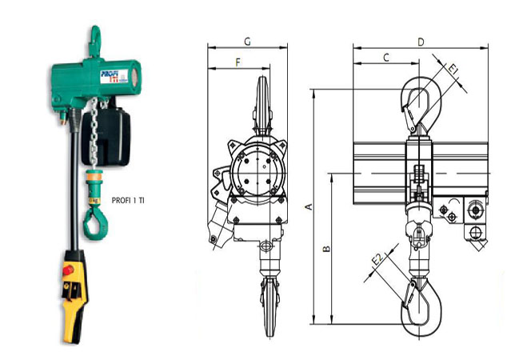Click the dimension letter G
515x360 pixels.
(x=248, y=42)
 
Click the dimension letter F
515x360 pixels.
(x=238, y=62)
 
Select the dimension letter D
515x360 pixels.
(x=421, y=42)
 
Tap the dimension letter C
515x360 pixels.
(x=386, y=58)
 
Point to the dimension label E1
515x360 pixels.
(x=453, y=70)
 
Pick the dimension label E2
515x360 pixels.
(x=377, y=259)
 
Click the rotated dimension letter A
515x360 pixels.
(x=309, y=206)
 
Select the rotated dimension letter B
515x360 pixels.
(x=327, y=249)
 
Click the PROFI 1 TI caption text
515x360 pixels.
(x=128, y=200)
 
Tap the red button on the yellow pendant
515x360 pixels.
(x=68, y=270)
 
